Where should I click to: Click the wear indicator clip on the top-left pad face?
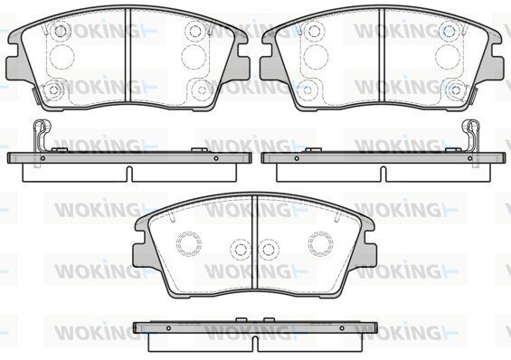pyautogui.click(x=36, y=97)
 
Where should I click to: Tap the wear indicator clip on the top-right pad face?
pyautogui.click(x=474, y=96)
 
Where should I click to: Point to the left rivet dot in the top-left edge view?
pyautogui.click(x=43, y=158)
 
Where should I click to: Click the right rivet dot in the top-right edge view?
pyautogui.click(x=470, y=158)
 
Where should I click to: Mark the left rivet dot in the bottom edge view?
pyautogui.click(x=168, y=328)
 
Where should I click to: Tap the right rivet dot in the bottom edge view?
pyautogui.click(x=342, y=328)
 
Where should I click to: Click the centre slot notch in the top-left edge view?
pyautogui.click(x=129, y=174)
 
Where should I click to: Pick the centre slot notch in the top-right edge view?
pyautogui.click(x=383, y=174)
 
